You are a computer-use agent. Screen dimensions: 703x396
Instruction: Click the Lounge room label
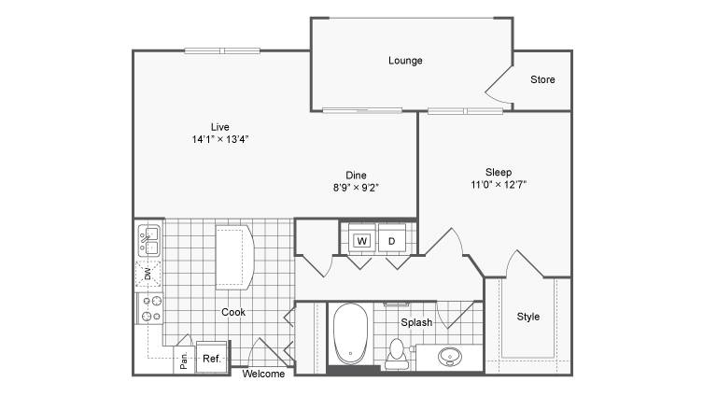(x=405, y=61)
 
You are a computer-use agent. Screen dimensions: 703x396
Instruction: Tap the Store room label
(x=542, y=79)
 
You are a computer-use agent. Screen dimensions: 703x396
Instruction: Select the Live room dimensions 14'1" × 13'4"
(x=220, y=139)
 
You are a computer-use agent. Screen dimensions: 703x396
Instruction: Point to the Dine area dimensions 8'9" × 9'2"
(x=356, y=188)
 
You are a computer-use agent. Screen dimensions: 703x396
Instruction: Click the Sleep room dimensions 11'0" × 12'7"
(x=499, y=184)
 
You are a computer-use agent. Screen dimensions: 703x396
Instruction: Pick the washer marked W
(x=362, y=241)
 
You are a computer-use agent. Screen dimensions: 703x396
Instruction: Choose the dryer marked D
(x=392, y=241)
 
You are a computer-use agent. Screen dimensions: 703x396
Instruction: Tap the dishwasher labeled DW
(x=148, y=274)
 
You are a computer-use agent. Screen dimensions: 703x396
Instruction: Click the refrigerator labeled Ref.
(x=212, y=357)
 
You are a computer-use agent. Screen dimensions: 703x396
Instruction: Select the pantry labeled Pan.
(x=184, y=360)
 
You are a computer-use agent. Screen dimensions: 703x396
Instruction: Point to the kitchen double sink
(x=148, y=241)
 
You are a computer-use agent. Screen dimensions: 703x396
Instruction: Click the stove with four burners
(x=150, y=308)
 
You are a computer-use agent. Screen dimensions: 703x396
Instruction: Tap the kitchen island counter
(x=234, y=257)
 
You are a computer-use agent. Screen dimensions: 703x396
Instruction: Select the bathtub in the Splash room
(x=350, y=333)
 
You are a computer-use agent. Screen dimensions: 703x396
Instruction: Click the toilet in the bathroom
(x=397, y=354)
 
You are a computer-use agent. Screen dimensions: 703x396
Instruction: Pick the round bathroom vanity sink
(x=450, y=357)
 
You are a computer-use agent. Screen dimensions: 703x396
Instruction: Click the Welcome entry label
(x=263, y=374)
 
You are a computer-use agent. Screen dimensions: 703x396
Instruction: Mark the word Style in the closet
(x=528, y=317)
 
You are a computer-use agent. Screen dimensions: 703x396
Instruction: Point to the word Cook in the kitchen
(x=233, y=312)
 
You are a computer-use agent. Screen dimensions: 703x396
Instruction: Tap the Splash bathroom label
(x=416, y=322)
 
